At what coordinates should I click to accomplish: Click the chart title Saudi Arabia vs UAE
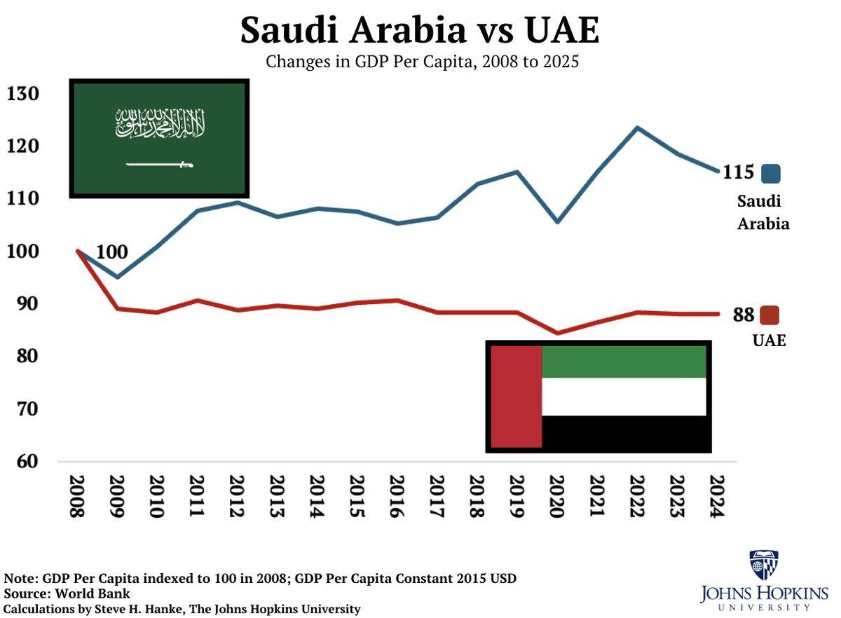pos(420,30)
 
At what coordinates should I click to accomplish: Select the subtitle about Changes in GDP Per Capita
pos(422,62)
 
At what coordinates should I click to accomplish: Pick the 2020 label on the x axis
pos(556,496)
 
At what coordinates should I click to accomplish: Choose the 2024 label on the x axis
pos(716,496)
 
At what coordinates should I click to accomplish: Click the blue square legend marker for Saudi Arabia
pos(771,173)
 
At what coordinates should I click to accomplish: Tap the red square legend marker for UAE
pos(770,315)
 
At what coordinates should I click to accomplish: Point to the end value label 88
pos(744,315)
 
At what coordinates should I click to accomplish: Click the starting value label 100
pos(111,252)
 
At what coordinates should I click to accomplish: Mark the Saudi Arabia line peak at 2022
pos(637,128)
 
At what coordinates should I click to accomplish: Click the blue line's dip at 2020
pos(557,221)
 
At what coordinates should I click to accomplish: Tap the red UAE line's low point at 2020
pos(557,334)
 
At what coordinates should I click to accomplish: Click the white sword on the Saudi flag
pos(159,165)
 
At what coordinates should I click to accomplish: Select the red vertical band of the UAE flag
pos(517,397)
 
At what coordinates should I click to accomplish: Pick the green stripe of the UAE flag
pos(624,362)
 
